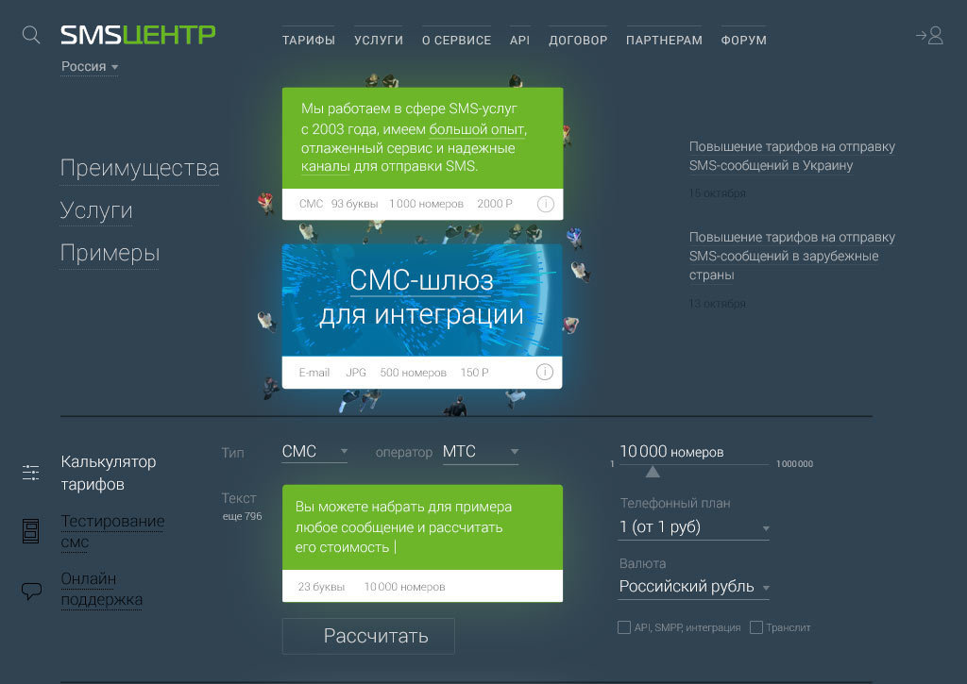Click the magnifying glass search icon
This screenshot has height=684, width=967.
point(31,35)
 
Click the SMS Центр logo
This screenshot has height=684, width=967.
point(138,35)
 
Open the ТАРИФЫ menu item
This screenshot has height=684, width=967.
point(309,41)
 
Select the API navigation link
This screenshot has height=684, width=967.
point(519,41)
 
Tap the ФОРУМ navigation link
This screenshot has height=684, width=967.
point(743,41)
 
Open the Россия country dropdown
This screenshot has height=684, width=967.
point(90,67)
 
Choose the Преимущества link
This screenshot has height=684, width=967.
point(140,168)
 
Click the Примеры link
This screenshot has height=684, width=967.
point(110,253)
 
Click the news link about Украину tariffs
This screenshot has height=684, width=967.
point(791,156)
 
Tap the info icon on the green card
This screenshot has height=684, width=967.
point(545,204)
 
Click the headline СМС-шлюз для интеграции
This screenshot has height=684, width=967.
point(421,296)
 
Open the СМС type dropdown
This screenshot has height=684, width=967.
point(314,452)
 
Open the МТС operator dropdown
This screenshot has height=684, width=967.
point(481,452)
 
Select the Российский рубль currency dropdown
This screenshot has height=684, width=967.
point(693,587)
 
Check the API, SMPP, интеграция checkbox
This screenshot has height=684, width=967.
point(624,627)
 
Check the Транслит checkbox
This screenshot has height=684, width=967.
point(756,627)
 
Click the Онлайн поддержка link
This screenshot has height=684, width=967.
point(101,589)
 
